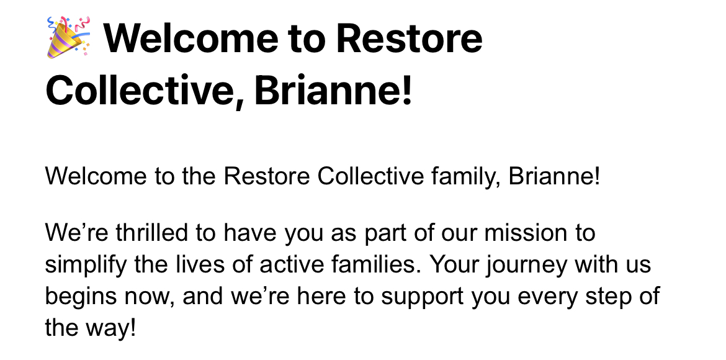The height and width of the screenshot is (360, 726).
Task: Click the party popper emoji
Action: click(x=68, y=37)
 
